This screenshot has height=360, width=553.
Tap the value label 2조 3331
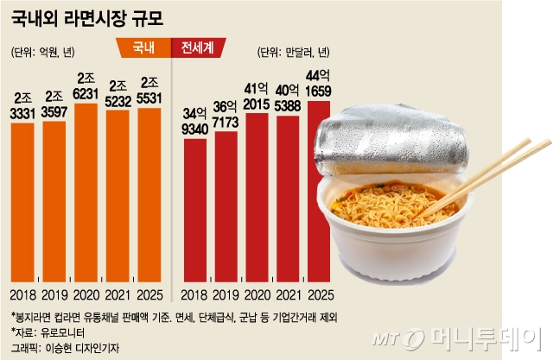pyautogui.click(x=22, y=105)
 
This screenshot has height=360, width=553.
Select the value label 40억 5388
pyautogui.click(x=289, y=94)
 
